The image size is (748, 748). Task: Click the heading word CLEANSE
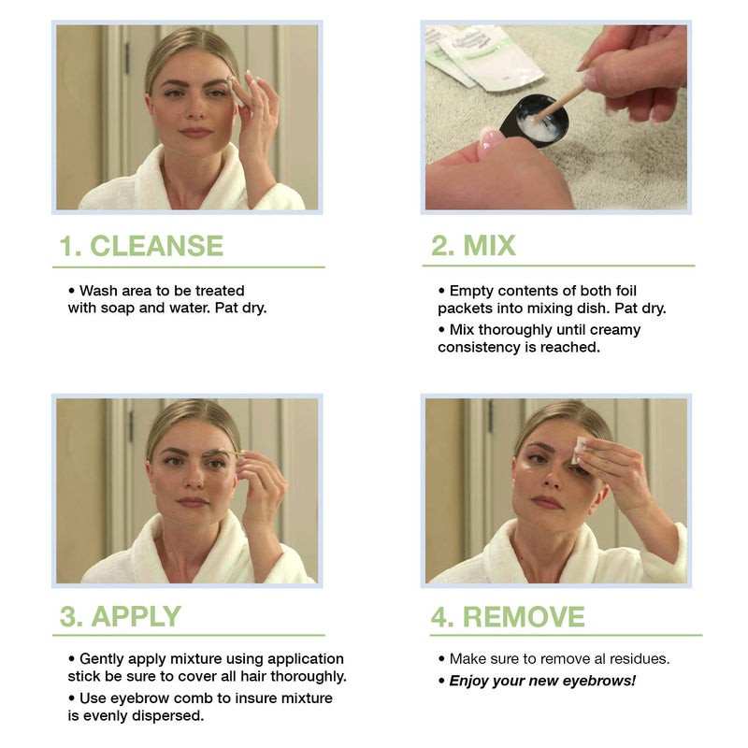coord(156,246)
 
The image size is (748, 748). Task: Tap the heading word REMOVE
coord(524,616)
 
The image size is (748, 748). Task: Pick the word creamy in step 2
coord(617,329)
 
